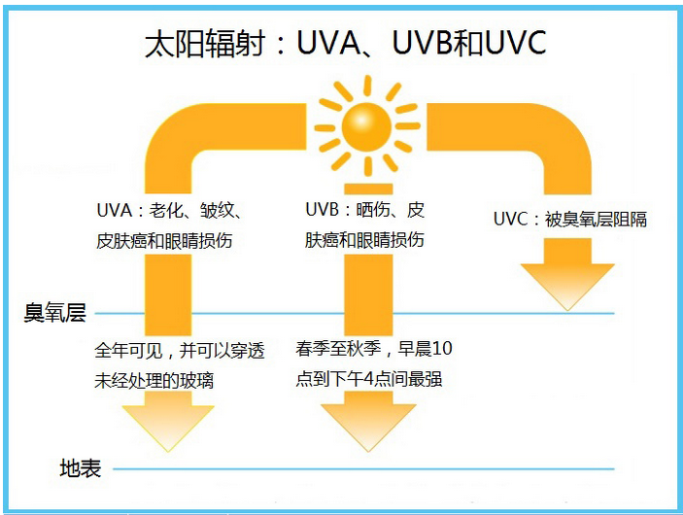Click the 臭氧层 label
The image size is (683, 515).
[x=55, y=313]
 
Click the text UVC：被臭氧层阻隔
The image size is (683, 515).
[x=569, y=220]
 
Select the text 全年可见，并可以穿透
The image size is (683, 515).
[x=179, y=350]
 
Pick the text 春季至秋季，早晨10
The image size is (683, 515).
[x=374, y=349]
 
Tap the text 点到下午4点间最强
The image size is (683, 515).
[x=368, y=379]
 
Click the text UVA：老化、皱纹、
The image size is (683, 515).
[x=176, y=210]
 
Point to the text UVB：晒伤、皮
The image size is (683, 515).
[x=364, y=210]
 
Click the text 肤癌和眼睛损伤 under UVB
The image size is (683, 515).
[x=364, y=239]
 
